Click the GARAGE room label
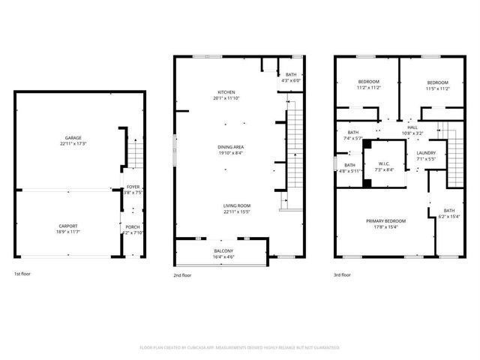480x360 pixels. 73,139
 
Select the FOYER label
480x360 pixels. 133,187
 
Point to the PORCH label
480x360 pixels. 133,227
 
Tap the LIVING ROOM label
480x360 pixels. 236,205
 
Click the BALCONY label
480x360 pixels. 223,250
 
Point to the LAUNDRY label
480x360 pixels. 426,153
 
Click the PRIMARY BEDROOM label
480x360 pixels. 385,220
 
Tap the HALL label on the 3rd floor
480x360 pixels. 412,127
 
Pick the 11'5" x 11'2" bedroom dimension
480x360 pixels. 438,88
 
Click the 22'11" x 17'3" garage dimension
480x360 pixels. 73,144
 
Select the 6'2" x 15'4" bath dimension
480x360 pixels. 448,217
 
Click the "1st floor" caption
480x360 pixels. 23,274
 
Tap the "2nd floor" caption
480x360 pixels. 182,275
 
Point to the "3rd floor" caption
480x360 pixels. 342,275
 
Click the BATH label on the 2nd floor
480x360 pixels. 290,75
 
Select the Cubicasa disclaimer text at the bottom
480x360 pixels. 240,347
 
